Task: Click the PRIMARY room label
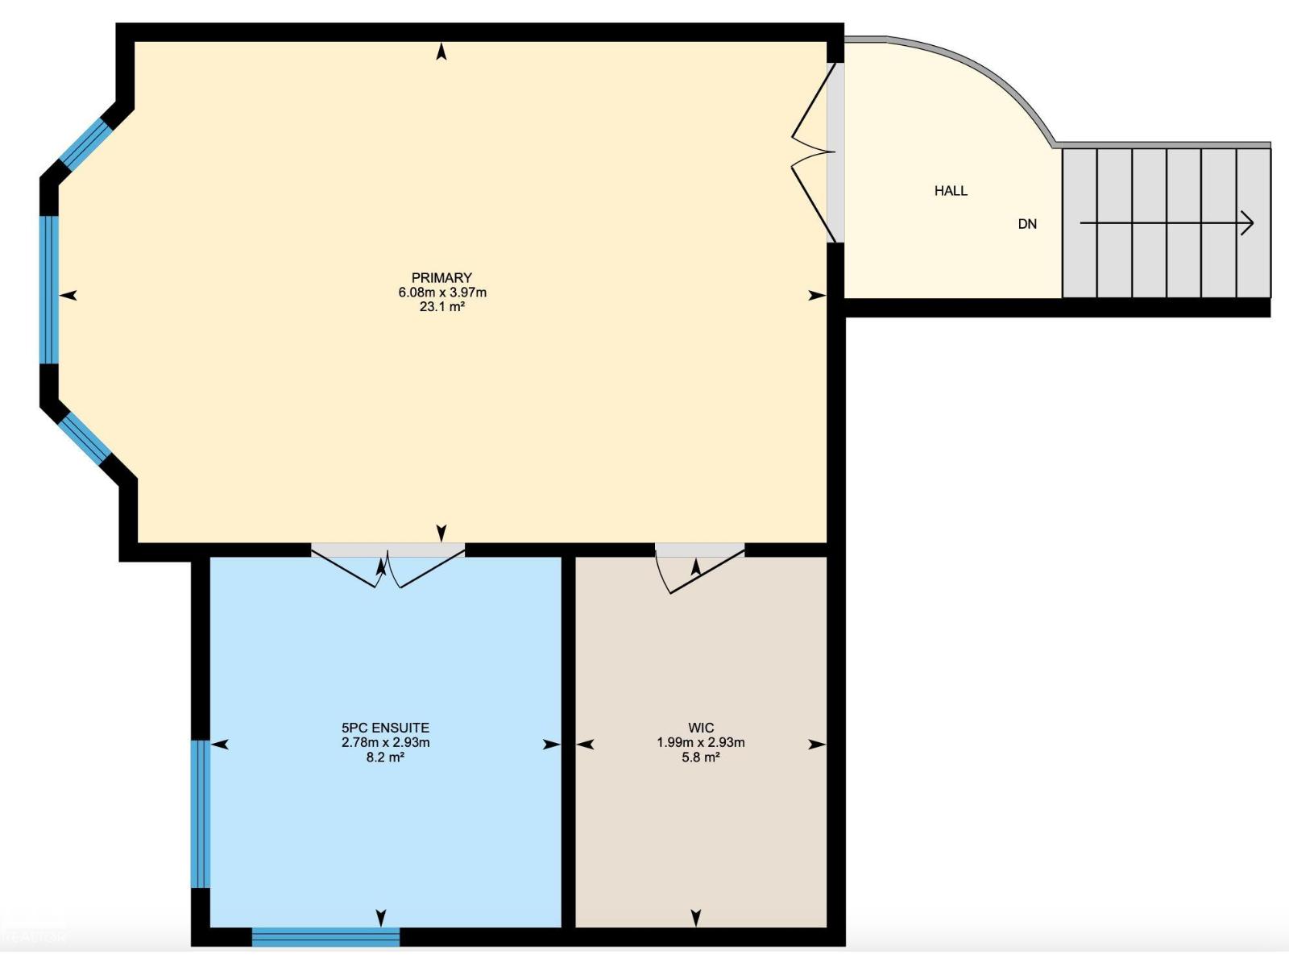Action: click(x=441, y=278)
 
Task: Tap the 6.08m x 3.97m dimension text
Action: click(x=442, y=292)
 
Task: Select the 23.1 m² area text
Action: click(x=442, y=306)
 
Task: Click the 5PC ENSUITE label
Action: click(x=385, y=728)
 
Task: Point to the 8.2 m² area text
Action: click(x=385, y=757)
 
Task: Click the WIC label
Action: click(x=701, y=728)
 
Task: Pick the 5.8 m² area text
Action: click(x=701, y=757)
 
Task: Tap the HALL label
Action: click(x=951, y=191)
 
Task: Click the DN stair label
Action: click(x=1027, y=224)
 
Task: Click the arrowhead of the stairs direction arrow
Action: click(x=1249, y=223)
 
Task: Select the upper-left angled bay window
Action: click(x=85, y=144)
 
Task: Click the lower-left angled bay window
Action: click(x=85, y=438)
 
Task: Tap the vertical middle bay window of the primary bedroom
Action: click(x=49, y=290)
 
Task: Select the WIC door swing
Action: click(x=699, y=568)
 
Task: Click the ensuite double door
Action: click(x=388, y=565)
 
